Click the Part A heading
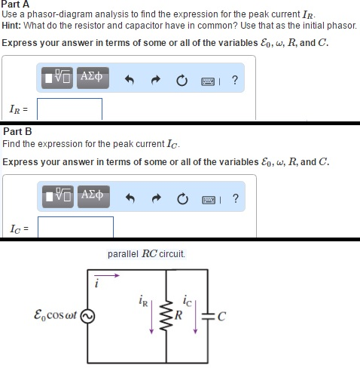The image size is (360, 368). coord(14,5)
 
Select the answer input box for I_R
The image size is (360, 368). coord(69,109)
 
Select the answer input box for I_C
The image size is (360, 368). coord(75,225)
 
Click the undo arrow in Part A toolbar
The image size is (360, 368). coord(130,78)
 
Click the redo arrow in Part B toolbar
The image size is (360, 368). coord(155,200)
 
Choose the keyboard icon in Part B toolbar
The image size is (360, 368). coord(206,200)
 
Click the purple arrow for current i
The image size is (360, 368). coord(108,277)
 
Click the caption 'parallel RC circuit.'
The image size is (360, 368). coord(146,254)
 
